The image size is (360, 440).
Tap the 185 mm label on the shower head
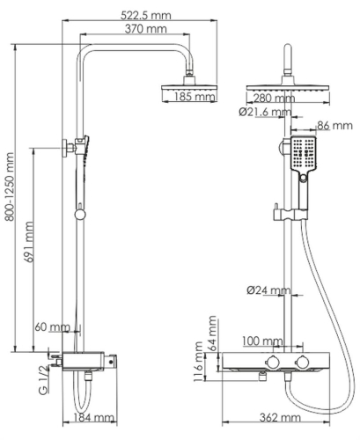[x=195, y=98]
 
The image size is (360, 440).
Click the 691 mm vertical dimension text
[x=29, y=248]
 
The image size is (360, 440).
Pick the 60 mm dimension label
[x=51, y=327]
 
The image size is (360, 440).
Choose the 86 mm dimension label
[x=335, y=127]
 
